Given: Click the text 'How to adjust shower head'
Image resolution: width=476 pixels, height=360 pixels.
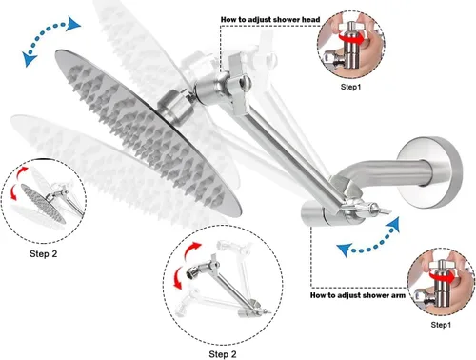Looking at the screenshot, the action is tap(270, 20).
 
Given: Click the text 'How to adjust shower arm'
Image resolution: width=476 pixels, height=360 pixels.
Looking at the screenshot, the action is tap(358, 295).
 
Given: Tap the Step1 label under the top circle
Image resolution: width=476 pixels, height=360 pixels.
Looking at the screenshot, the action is tap(350, 87).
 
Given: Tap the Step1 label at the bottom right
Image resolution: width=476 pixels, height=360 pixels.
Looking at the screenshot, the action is tap(441, 325).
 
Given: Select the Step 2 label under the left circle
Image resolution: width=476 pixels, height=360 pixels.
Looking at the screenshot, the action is tap(44, 254).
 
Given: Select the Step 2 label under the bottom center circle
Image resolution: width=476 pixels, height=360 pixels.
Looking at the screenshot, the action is tap(223, 354).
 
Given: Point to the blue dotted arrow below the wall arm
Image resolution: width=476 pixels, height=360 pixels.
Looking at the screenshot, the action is tap(369, 246).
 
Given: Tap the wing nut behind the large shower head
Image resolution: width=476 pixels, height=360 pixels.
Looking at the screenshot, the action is tap(237, 85).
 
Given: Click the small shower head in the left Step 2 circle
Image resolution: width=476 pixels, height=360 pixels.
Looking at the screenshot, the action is tap(43, 204).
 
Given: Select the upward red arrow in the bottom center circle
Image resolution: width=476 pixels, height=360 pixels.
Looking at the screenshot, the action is tap(192, 250).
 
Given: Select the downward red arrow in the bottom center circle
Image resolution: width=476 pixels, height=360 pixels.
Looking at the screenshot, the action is tap(179, 277).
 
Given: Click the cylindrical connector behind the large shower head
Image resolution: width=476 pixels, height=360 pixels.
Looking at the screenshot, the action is tap(175, 106).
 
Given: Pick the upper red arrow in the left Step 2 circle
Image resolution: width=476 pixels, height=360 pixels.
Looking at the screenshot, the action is tap(22, 172).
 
